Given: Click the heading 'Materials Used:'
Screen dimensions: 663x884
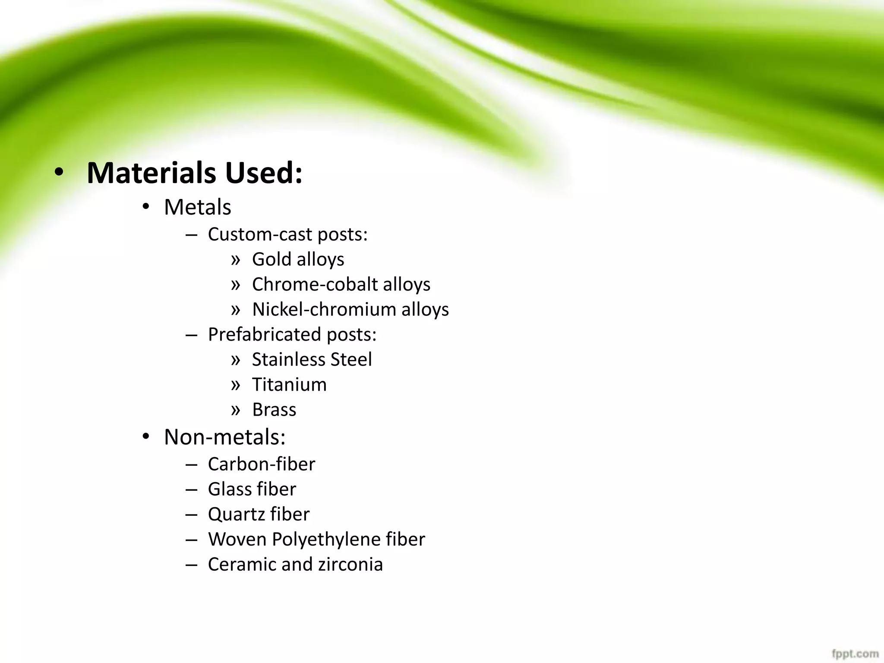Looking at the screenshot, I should click(195, 173).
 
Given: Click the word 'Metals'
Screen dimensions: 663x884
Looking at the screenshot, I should click(197, 207).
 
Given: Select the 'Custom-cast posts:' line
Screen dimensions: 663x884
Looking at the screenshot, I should click(287, 234).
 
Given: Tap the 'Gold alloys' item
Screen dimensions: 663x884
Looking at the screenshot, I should click(298, 259).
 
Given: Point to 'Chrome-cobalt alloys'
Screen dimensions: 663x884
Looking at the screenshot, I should click(341, 284).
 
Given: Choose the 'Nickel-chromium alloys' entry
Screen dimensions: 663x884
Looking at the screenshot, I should click(350, 309).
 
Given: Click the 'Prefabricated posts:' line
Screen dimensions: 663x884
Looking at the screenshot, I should click(292, 335).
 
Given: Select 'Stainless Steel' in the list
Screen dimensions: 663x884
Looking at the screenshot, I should click(312, 360).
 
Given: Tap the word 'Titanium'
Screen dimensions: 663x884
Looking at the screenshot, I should click(289, 385).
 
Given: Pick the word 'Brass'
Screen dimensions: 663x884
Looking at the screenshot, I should click(274, 410).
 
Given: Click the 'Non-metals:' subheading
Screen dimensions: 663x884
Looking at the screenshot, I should click(224, 437).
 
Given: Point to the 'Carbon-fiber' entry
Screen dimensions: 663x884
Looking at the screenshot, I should click(262, 464).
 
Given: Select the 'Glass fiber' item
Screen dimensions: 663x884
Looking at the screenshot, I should click(252, 489).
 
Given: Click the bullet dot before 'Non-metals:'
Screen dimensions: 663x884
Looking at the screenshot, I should click(146, 436).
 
